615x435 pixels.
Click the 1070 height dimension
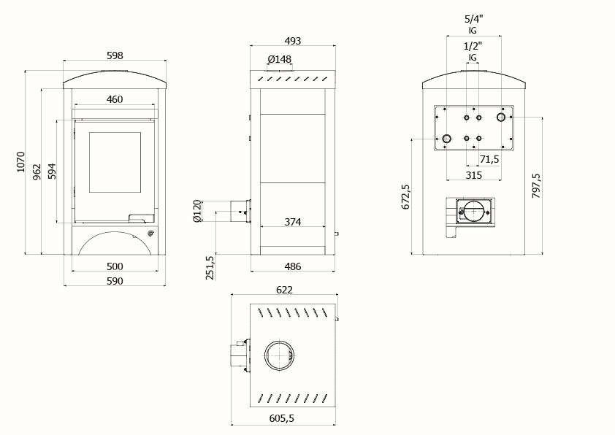(x=20, y=161)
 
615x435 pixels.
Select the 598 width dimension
(x=115, y=55)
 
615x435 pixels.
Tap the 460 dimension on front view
(x=114, y=99)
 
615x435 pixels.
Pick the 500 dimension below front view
(x=114, y=266)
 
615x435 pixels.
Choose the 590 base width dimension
(x=114, y=280)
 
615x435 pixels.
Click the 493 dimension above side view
(x=293, y=41)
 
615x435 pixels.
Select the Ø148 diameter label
(x=279, y=59)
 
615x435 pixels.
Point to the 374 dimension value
(x=293, y=222)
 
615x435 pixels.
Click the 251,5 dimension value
(x=210, y=267)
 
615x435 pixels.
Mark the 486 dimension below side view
(x=293, y=266)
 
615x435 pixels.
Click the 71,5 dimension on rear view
(x=489, y=159)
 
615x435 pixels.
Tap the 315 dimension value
(x=473, y=175)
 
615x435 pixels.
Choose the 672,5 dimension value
(x=406, y=196)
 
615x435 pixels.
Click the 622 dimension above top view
(x=285, y=290)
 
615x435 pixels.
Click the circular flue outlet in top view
(x=278, y=355)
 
